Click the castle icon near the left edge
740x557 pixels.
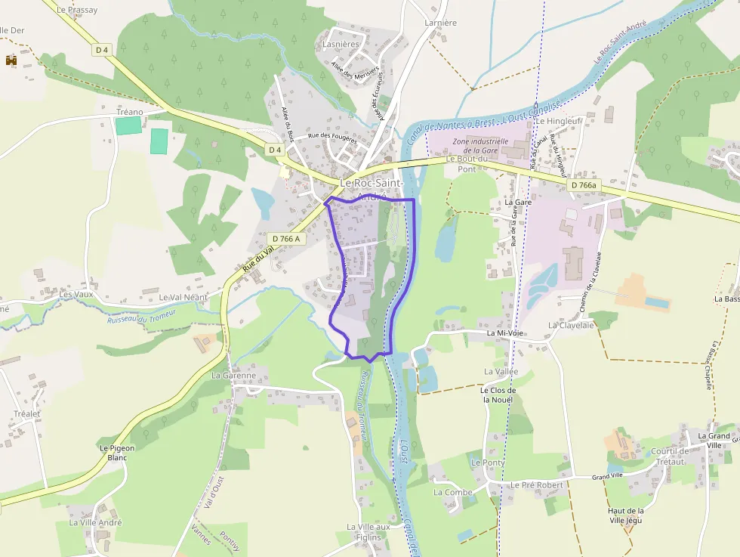[11, 60]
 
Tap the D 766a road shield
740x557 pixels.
[583, 185]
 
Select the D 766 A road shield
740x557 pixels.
[285, 239]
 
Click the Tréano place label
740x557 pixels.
[129, 112]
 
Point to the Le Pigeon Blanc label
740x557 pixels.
[117, 452]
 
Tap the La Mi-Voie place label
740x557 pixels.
[505, 333]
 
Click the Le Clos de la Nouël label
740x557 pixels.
[498, 395]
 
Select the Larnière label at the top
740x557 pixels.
[441, 23]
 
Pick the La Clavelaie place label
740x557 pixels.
[571, 325]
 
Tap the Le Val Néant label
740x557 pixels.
[183, 298]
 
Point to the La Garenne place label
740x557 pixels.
[234, 375]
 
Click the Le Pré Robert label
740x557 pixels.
[537, 484]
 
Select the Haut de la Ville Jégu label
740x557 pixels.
[626, 515]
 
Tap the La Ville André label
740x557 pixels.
[95, 522]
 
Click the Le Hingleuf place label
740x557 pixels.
[558, 120]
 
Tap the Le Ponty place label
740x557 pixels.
[488, 462]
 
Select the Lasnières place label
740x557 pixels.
[341, 45]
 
